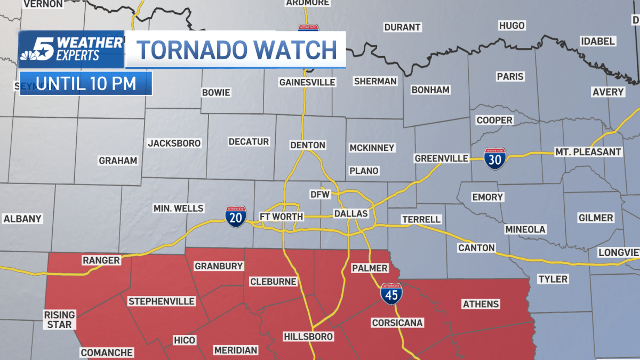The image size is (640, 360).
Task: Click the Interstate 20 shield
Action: coord(236,217)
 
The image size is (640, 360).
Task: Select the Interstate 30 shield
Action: coord(495,159)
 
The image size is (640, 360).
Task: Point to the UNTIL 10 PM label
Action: coord(86,84)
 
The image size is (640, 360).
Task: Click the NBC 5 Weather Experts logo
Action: coord(71,49)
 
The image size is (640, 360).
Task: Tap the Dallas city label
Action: coord(350,213)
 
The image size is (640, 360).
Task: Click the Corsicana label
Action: coord(397,323)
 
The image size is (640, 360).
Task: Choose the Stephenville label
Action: coord(162,301)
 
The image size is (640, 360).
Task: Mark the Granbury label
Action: coord(219,266)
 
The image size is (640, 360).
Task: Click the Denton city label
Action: coord(308,145)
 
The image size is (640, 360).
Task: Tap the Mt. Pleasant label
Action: coord(588,152)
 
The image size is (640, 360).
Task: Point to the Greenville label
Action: coord(442,158)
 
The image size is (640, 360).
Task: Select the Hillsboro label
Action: coord(308,337)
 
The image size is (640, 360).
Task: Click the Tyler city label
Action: coord(553,279)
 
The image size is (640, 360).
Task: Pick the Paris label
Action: coord(510,76)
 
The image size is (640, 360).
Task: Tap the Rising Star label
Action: coord(59,319)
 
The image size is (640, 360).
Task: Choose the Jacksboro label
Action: coord(174,143)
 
